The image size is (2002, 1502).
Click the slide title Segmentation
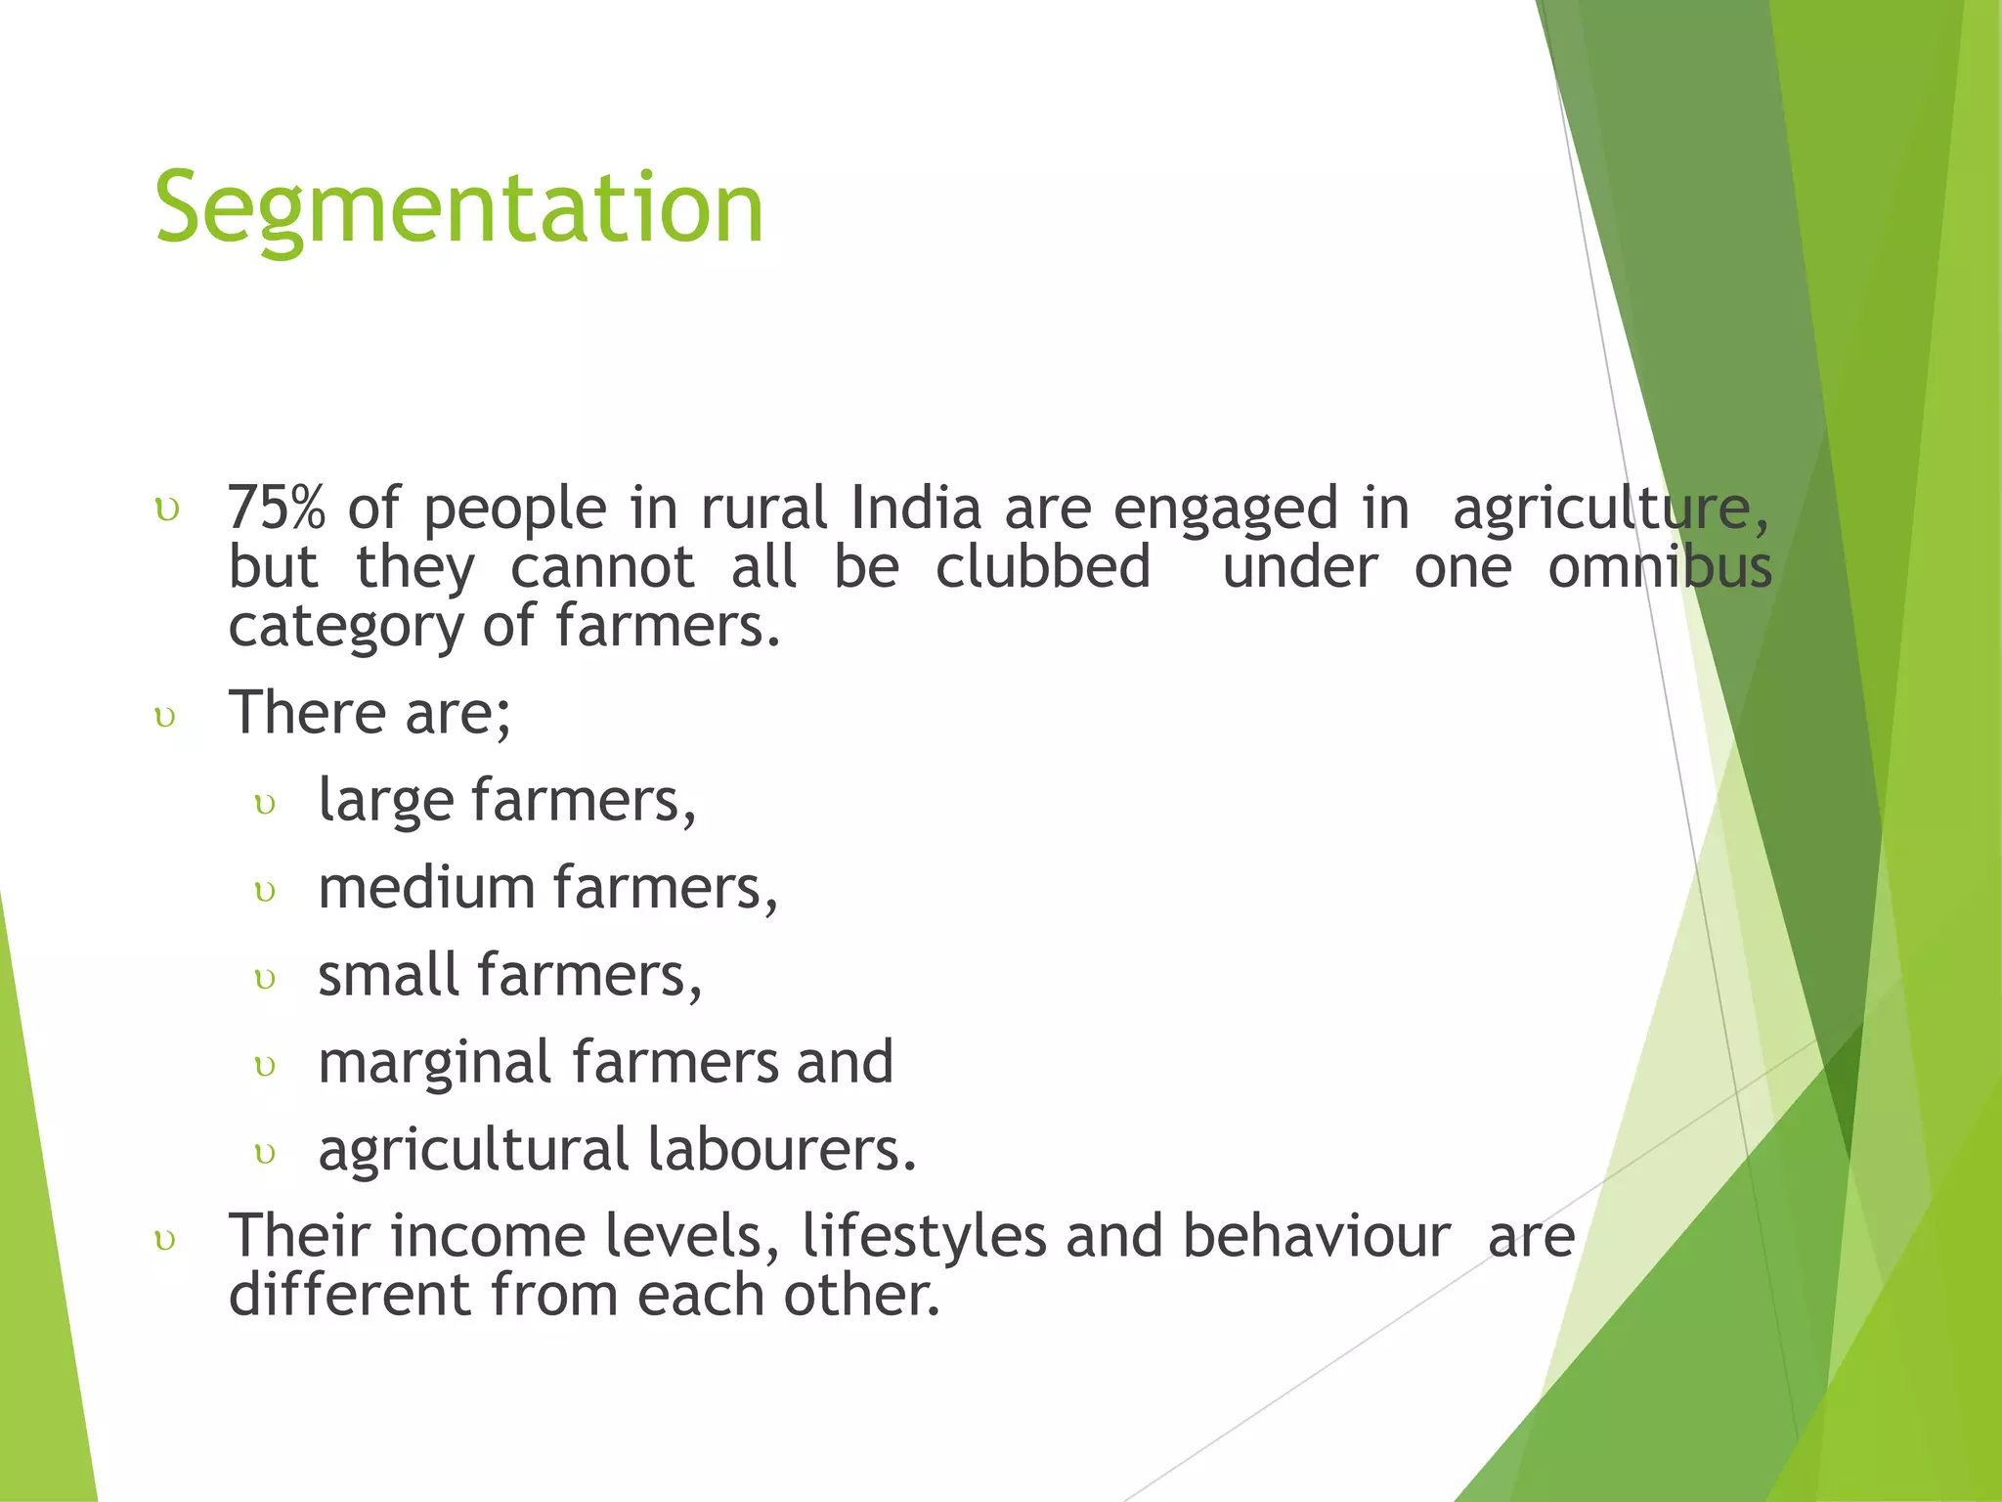(458, 208)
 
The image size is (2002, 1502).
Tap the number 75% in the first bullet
(276, 508)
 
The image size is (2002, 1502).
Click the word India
(915, 508)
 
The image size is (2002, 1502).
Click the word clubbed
(1042, 567)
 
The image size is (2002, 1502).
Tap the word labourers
(781, 1149)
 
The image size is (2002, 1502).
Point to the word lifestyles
(924, 1236)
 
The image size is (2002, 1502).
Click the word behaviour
(1316, 1236)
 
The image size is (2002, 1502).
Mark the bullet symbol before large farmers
(265, 805)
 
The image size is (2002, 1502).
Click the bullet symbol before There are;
(166, 718)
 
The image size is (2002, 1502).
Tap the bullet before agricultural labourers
(265, 1154)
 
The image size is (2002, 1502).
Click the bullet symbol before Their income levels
(166, 1241)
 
